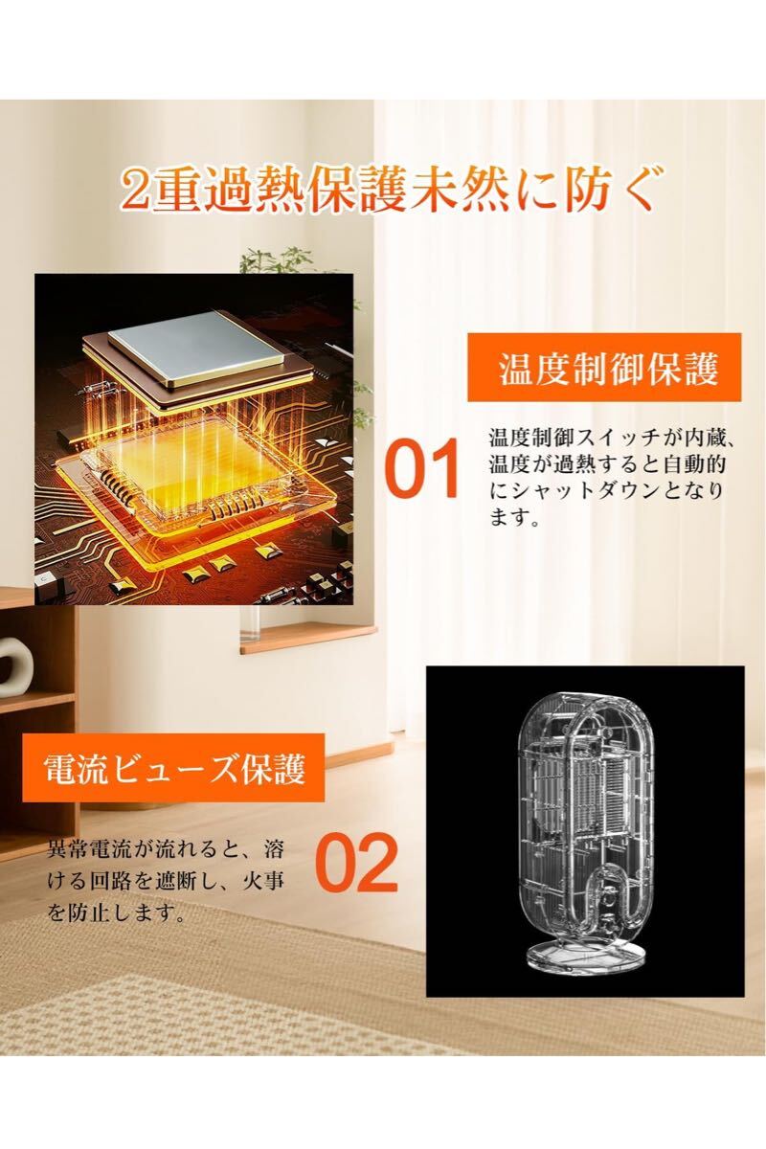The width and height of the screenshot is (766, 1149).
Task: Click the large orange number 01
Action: tap(421, 470)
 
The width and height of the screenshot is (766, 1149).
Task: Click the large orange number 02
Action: tap(355, 864)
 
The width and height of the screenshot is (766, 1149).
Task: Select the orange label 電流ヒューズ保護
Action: tap(175, 770)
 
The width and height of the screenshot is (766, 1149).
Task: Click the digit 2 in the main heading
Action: tap(135, 191)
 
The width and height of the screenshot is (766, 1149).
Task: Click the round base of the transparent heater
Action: tap(585, 957)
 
